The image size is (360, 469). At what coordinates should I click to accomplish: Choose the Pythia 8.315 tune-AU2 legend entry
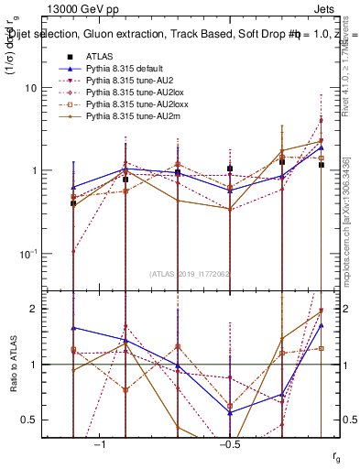click(x=118, y=81)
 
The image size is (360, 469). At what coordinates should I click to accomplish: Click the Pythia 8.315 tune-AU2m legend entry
click(x=120, y=116)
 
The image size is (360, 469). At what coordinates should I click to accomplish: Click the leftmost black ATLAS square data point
click(x=73, y=203)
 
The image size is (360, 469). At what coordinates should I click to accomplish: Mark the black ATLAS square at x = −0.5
click(x=230, y=169)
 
